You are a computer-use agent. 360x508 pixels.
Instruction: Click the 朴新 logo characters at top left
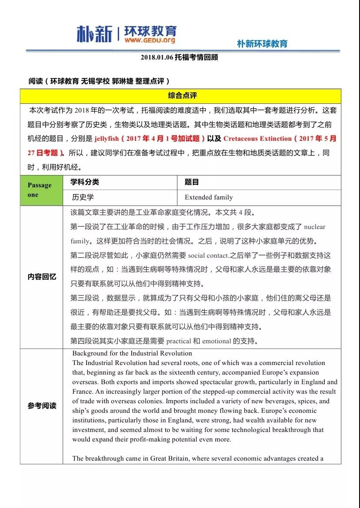tap(94, 33)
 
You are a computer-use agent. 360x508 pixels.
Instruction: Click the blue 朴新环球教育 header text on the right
tap(262, 43)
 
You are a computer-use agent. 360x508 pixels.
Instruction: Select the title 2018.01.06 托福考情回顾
tap(179, 57)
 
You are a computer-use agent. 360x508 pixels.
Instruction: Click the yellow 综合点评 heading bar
tap(180, 96)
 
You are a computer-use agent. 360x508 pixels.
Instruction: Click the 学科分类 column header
tap(85, 182)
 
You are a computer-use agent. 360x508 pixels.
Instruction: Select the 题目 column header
tap(192, 183)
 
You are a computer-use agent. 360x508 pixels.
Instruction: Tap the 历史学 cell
tap(83, 197)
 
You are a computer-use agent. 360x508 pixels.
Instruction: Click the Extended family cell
tap(209, 197)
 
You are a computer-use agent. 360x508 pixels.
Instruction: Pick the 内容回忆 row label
tap(42, 277)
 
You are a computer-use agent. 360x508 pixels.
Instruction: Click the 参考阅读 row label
tap(42, 406)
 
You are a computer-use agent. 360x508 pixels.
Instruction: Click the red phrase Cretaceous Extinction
tap(257, 139)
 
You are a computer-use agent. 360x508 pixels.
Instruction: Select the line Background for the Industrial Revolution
tap(132, 353)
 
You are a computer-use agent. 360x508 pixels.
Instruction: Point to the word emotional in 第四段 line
tap(216, 341)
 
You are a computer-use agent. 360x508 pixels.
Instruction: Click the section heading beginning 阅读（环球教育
tap(99, 81)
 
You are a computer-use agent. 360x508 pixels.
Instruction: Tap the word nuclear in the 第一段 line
tap(314, 227)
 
